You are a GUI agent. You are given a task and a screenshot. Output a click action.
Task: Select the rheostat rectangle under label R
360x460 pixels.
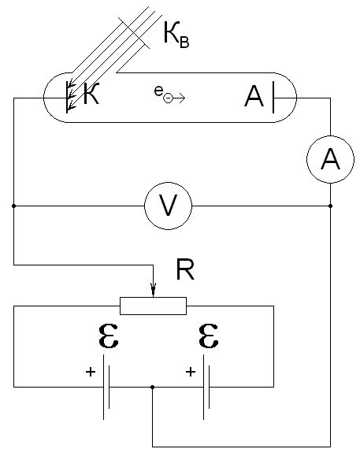click(153, 306)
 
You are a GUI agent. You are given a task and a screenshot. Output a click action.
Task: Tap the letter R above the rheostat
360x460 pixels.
click(185, 269)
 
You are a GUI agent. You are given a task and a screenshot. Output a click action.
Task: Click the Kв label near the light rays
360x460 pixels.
click(176, 35)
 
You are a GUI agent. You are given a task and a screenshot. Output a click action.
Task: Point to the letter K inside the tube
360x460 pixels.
click(91, 94)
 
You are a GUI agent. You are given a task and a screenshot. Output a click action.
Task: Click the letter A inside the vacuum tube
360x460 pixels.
click(254, 97)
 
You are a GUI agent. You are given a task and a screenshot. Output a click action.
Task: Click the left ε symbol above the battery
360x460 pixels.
click(108, 336)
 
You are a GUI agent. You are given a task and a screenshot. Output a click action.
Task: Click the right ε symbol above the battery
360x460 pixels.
click(208, 336)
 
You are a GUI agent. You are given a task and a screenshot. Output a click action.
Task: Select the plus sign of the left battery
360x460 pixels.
click(91, 372)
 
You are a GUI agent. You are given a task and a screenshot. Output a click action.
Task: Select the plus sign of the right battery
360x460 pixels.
click(191, 372)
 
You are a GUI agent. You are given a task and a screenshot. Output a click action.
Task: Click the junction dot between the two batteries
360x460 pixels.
click(152, 388)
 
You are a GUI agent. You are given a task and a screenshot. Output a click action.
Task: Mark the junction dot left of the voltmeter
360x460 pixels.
click(14, 206)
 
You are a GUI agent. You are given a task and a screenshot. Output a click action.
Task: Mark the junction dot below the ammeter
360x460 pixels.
click(330, 206)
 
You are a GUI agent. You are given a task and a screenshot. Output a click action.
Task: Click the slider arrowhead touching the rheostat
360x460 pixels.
click(153, 290)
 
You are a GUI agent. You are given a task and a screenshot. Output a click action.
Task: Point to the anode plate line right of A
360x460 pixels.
click(273, 98)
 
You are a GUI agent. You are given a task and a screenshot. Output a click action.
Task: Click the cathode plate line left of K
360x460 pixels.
click(67, 98)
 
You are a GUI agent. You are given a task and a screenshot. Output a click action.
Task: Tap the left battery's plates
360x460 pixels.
click(106, 387)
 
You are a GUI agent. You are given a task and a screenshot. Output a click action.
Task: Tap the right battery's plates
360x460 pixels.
click(206, 387)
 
